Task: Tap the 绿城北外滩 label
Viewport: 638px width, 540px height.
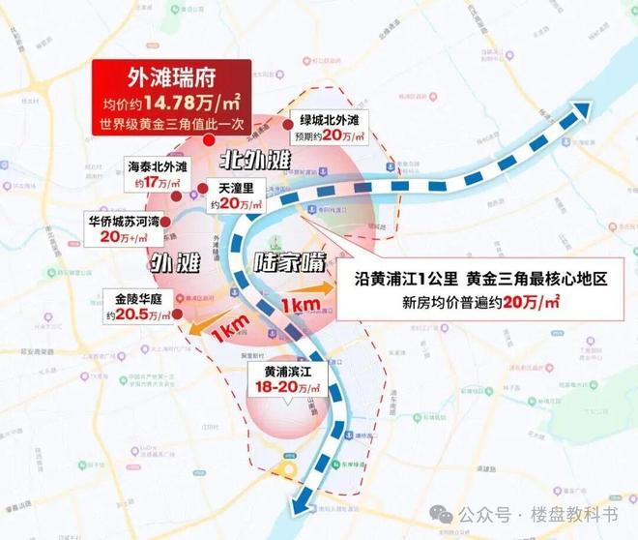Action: pyautogui.click(x=329, y=121)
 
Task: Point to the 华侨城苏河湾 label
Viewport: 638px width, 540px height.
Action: pyautogui.click(x=124, y=219)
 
